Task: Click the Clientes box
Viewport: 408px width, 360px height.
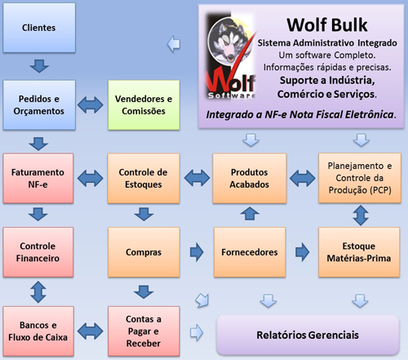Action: (39, 28)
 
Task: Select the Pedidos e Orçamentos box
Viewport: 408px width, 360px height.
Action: (39, 104)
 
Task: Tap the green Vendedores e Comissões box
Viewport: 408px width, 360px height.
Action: (144, 104)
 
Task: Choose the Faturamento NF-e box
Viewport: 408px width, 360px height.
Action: (38, 178)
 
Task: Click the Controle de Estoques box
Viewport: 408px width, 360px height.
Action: (144, 178)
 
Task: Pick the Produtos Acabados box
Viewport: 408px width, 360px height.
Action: (250, 178)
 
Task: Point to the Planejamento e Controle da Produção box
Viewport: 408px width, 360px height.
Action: (360, 178)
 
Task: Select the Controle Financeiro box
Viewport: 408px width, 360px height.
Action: (38, 252)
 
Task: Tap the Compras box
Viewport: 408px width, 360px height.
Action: (144, 252)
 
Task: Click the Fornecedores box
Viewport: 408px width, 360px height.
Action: (250, 252)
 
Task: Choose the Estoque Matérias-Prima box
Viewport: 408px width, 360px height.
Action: (359, 252)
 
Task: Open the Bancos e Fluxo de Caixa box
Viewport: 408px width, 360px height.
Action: (38, 331)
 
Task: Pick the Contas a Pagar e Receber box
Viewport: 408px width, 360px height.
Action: (144, 331)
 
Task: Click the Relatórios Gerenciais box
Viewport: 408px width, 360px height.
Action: (308, 335)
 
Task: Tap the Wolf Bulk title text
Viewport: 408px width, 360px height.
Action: (327, 24)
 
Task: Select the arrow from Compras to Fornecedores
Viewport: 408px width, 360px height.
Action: (197, 252)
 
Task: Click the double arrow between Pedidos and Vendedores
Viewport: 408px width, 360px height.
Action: (91, 104)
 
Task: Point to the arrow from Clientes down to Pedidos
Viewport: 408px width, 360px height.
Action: (39, 66)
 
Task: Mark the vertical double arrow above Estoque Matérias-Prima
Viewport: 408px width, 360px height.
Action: (361, 216)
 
